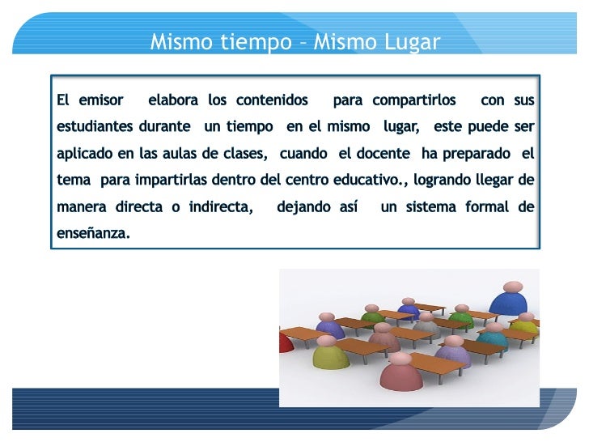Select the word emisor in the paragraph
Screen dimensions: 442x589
click(x=101, y=100)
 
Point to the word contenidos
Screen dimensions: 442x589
click(x=272, y=100)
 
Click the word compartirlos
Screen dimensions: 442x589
click(x=414, y=100)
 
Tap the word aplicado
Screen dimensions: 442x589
click(x=83, y=154)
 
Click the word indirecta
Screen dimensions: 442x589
click(x=219, y=206)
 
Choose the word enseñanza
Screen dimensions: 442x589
click(x=92, y=233)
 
